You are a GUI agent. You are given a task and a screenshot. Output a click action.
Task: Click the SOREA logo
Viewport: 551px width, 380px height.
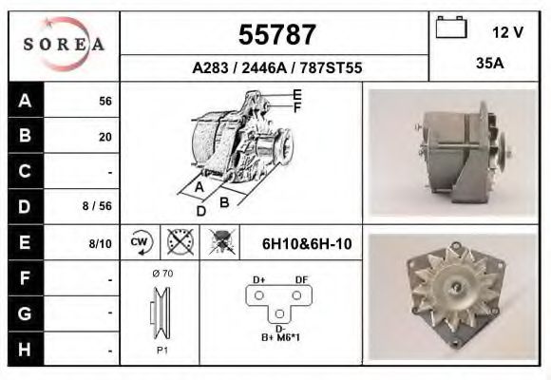point(64,45)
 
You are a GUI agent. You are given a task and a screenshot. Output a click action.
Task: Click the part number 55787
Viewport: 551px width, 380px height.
point(275,35)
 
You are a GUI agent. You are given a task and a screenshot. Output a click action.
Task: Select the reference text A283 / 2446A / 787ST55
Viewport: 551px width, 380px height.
point(276,68)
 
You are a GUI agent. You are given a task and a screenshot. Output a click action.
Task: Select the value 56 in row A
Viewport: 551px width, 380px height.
point(104,102)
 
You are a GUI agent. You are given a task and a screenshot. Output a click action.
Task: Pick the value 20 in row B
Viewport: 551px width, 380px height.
point(104,137)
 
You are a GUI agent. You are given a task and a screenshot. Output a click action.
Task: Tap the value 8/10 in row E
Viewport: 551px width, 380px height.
point(100,244)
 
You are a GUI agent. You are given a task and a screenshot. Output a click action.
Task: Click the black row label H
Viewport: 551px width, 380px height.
point(25,349)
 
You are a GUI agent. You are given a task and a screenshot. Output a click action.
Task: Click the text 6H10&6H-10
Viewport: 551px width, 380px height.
point(306,244)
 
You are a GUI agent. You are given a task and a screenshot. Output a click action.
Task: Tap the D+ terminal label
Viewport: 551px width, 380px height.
point(258,278)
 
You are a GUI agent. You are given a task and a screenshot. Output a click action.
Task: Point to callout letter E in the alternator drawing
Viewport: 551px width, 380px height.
point(297,94)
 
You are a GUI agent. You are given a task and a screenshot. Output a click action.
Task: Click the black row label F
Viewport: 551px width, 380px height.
point(25,279)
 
